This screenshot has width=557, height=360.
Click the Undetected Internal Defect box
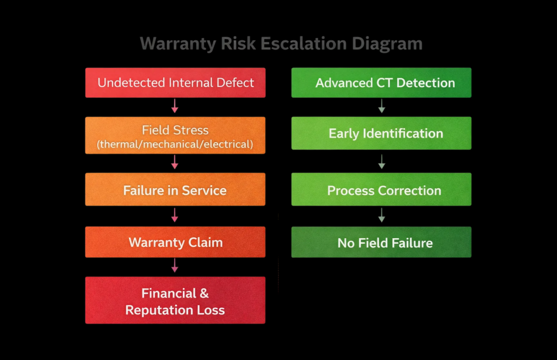point(175,83)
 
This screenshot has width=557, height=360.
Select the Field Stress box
point(175,136)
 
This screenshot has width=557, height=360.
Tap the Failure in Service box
point(175,190)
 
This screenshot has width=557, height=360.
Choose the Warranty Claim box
point(175,242)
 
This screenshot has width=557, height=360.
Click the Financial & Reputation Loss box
point(175,301)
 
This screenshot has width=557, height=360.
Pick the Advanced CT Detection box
point(381,83)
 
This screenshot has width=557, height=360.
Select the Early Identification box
point(381,133)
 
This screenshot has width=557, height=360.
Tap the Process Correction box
point(381,190)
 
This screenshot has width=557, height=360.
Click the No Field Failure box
point(381,242)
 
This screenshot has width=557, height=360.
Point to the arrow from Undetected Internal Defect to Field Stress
point(175,107)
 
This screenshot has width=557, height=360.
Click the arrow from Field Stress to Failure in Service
point(175,162)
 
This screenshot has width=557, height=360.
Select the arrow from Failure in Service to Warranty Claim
point(175,215)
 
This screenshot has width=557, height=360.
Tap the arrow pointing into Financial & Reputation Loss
point(175,266)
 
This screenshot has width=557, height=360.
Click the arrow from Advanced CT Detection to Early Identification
point(381,106)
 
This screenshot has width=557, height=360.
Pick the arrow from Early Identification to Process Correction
point(381,162)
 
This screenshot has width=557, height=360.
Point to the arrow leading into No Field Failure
point(381,215)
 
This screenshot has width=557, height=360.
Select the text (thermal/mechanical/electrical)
point(175,144)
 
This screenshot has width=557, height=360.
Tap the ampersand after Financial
point(203,293)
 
